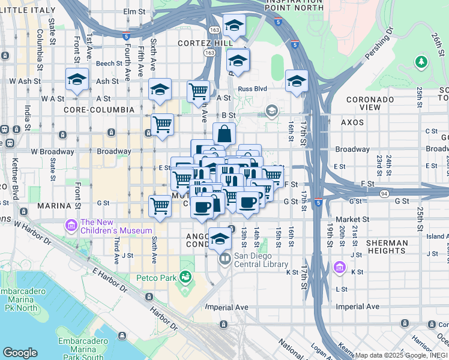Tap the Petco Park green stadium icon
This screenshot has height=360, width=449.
point(185,277)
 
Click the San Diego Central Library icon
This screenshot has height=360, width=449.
point(224,260)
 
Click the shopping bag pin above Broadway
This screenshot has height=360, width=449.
point(224,134)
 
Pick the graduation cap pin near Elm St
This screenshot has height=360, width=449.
point(234,25)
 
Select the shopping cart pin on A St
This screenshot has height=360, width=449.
point(198,92)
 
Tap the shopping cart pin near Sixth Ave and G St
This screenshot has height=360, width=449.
point(160,206)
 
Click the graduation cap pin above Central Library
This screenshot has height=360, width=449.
point(220,238)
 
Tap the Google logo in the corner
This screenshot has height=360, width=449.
point(20,353)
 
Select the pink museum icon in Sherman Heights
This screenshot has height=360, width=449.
point(339,266)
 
